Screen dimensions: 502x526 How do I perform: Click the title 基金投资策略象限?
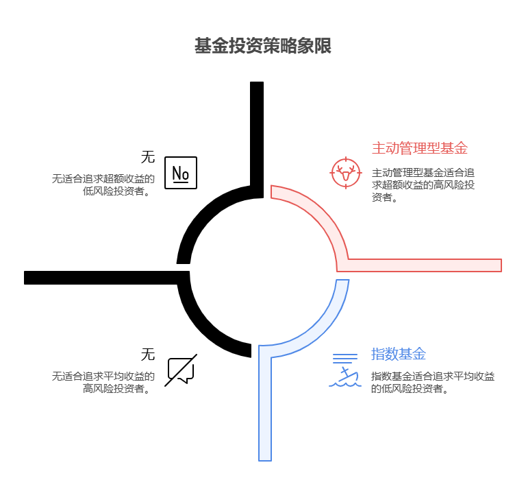pyautogui.click(x=263, y=47)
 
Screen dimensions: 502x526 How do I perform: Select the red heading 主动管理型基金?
pyautogui.click(x=419, y=148)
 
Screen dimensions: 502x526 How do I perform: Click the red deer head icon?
pyautogui.click(x=346, y=172)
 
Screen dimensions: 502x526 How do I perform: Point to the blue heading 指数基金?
pyautogui.click(x=398, y=355)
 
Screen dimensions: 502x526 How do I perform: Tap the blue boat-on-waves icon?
pyautogui.click(x=347, y=375)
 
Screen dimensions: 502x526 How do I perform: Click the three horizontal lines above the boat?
pyautogui.click(x=345, y=358)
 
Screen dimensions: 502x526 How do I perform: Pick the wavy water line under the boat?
pyautogui.click(x=345, y=384)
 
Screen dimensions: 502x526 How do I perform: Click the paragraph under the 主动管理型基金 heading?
pyautogui.click(x=423, y=185)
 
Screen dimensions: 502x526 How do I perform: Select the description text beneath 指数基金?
pyautogui.click(x=432, y=382)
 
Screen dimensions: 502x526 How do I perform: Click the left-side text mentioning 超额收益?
pyautogui.click(x=103, y=185)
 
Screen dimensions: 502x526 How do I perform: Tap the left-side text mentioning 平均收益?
pyautogui.click(x=103, y=382)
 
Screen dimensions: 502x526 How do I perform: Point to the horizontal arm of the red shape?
pyautogui.click(x=425, y=265)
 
